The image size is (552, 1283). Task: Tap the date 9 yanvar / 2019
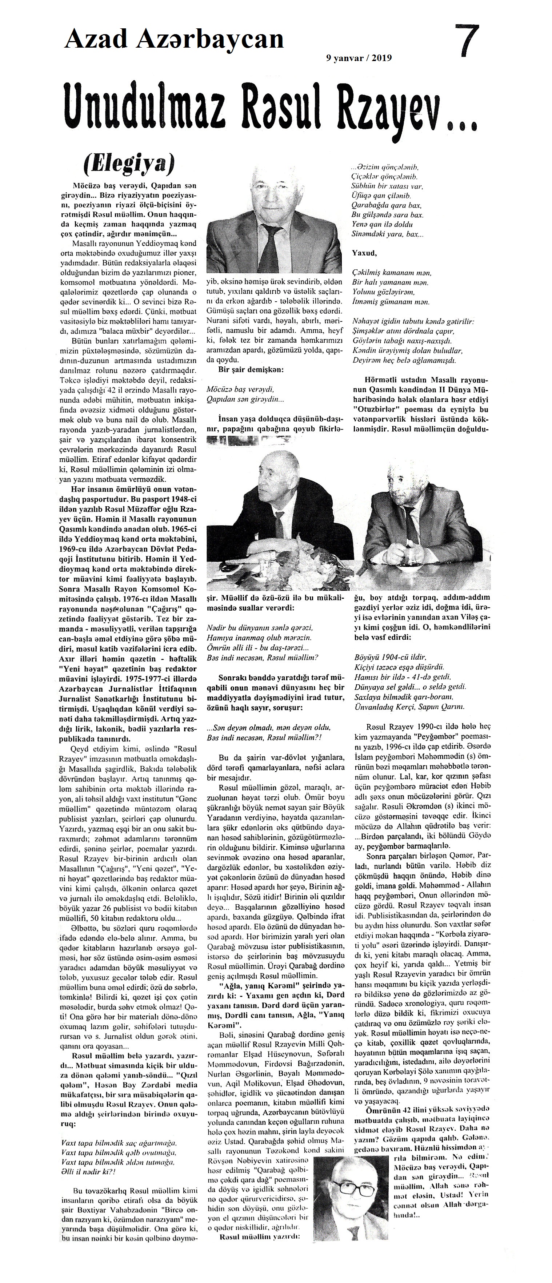tap(359, 58)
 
